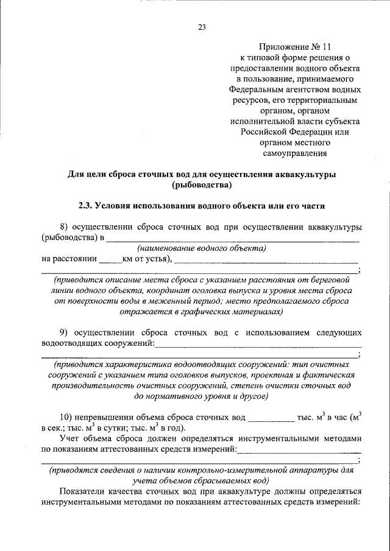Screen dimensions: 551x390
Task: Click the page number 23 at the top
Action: (202, 26)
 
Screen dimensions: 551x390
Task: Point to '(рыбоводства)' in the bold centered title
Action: (202, 185)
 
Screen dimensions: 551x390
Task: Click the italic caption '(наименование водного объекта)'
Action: (202, 248)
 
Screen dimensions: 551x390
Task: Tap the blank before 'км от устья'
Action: (110, 259)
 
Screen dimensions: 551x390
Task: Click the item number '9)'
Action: (66, 332)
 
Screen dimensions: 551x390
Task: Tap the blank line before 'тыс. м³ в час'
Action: (271, 418)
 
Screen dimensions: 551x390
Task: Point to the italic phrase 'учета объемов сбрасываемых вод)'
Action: (201, 480)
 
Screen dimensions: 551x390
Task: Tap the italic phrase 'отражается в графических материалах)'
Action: (202, 311)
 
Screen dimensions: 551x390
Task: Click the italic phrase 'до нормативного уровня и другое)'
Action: (202, 396)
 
